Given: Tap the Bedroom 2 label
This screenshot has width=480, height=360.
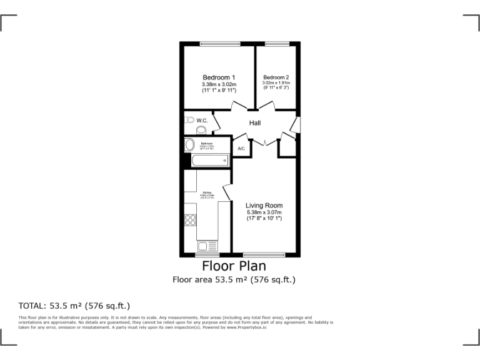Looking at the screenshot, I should pos(276,77).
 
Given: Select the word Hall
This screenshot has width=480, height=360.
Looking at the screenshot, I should pos(255,123).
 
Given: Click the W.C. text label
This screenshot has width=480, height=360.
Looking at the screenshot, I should pos(202,120).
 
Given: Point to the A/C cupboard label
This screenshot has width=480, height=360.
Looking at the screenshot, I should pos(241,148).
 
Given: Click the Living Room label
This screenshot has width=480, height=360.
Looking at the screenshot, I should pos(264,205).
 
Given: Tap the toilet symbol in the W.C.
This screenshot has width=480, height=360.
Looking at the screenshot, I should pos(189,119).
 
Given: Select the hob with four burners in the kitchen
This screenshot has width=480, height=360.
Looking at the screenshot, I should pos(190,219).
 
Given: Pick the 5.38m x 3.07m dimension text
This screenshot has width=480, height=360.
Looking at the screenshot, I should pos(264,212).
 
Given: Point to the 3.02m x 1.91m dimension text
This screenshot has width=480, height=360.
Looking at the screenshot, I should pos(276,83).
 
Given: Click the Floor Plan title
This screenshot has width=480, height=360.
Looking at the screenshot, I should pos(234,267).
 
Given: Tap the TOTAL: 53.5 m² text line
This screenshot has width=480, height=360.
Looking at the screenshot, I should pos(74,306).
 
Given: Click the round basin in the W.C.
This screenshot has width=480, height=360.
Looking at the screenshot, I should pos(201,129).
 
